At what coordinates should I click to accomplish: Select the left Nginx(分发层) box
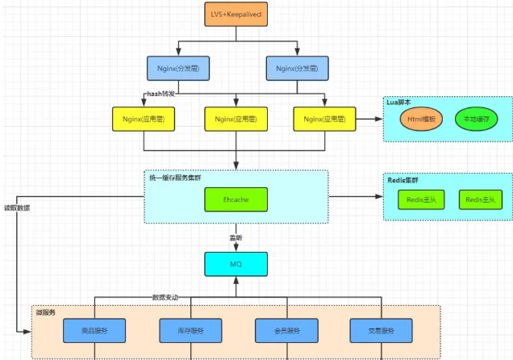pos(179,68)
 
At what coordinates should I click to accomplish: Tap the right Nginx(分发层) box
pos(297,68)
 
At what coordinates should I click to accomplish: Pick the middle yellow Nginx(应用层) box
pos(236,119)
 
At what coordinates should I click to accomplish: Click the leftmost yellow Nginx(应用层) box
pos(144,119)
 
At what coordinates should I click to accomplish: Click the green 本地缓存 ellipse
pos(477,119)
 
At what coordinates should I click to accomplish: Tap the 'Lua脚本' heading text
pos(398,103)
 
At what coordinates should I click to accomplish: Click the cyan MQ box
pos(236,263)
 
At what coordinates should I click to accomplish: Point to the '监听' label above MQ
pos(236,236)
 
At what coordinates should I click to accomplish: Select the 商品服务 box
pos(96,330)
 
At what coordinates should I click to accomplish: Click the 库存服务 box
pos(190,330)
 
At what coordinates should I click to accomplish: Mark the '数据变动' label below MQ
pos(165,297)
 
